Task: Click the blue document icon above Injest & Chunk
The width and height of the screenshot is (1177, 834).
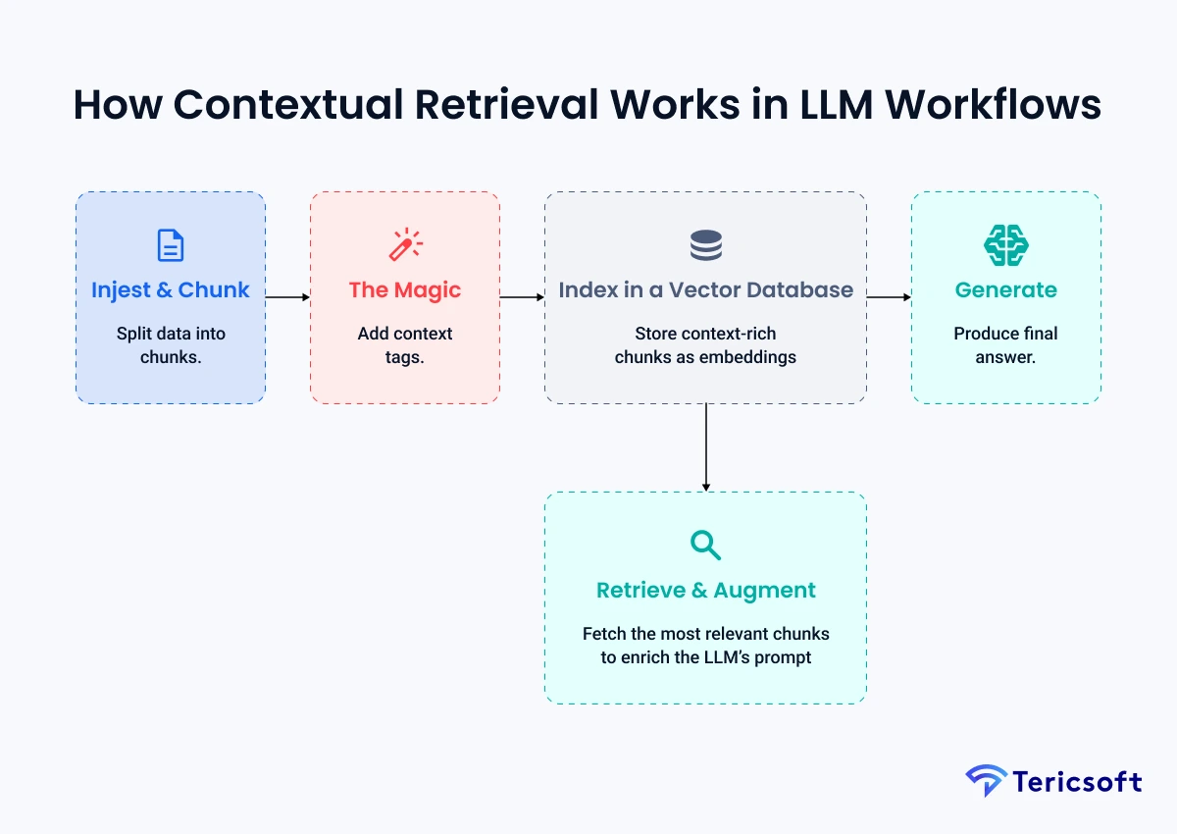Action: (x=171, y=244)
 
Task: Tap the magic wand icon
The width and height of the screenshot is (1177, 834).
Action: (x=405, y=244)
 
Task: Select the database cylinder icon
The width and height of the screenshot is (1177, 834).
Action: (x=705, y=244)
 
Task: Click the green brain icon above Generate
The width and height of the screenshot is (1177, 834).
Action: (x=1005, y=244)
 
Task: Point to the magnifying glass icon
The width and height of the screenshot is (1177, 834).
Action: (x=705, y=545)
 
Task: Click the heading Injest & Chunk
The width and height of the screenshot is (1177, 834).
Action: (x=171, y=290)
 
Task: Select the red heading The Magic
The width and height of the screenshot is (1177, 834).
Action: (x=405, y=290)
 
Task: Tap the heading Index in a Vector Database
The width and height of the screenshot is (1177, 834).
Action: (x=705, y=290)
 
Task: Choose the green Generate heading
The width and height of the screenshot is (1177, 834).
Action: (x=1005, y=290)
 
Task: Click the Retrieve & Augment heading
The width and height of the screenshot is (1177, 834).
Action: (x=705, y=591)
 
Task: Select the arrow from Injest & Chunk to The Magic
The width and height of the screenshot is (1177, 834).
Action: (x=287, y=296)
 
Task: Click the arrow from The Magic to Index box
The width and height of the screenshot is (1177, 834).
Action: (x=522, y=296)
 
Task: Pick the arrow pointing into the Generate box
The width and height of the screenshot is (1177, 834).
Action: (x=889, y=296)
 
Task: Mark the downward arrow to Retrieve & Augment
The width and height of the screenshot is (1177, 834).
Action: (x=705, y=447)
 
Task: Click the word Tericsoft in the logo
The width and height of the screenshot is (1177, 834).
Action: (x=1077, y=782)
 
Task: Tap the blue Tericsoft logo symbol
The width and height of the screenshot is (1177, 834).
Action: (x=986, y=781)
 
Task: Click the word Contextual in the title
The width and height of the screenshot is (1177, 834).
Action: (x=293, y=106)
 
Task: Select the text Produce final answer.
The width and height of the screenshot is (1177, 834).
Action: (x=1005, y=345)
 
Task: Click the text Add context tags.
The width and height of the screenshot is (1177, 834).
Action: (x=405, y=345)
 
